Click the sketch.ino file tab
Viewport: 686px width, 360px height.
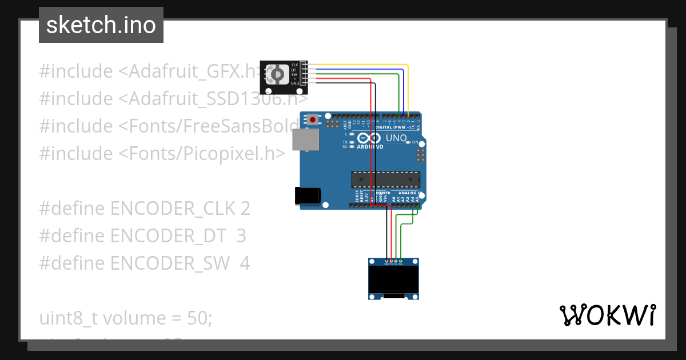coord(101,25)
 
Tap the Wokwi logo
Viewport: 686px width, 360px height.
coord(607,315)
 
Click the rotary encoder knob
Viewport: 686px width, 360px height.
coord(278,74)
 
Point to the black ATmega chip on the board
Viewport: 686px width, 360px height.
coord(385,179)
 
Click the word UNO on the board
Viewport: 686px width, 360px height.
coord(396,138)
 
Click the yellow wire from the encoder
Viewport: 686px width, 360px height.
coord(366,65)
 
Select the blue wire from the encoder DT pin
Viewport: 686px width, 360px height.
coord(366,69)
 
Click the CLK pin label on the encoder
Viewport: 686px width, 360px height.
coord(295,65)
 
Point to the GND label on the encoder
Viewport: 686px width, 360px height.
coord(295,83)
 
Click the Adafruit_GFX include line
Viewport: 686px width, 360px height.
coord(149,71)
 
